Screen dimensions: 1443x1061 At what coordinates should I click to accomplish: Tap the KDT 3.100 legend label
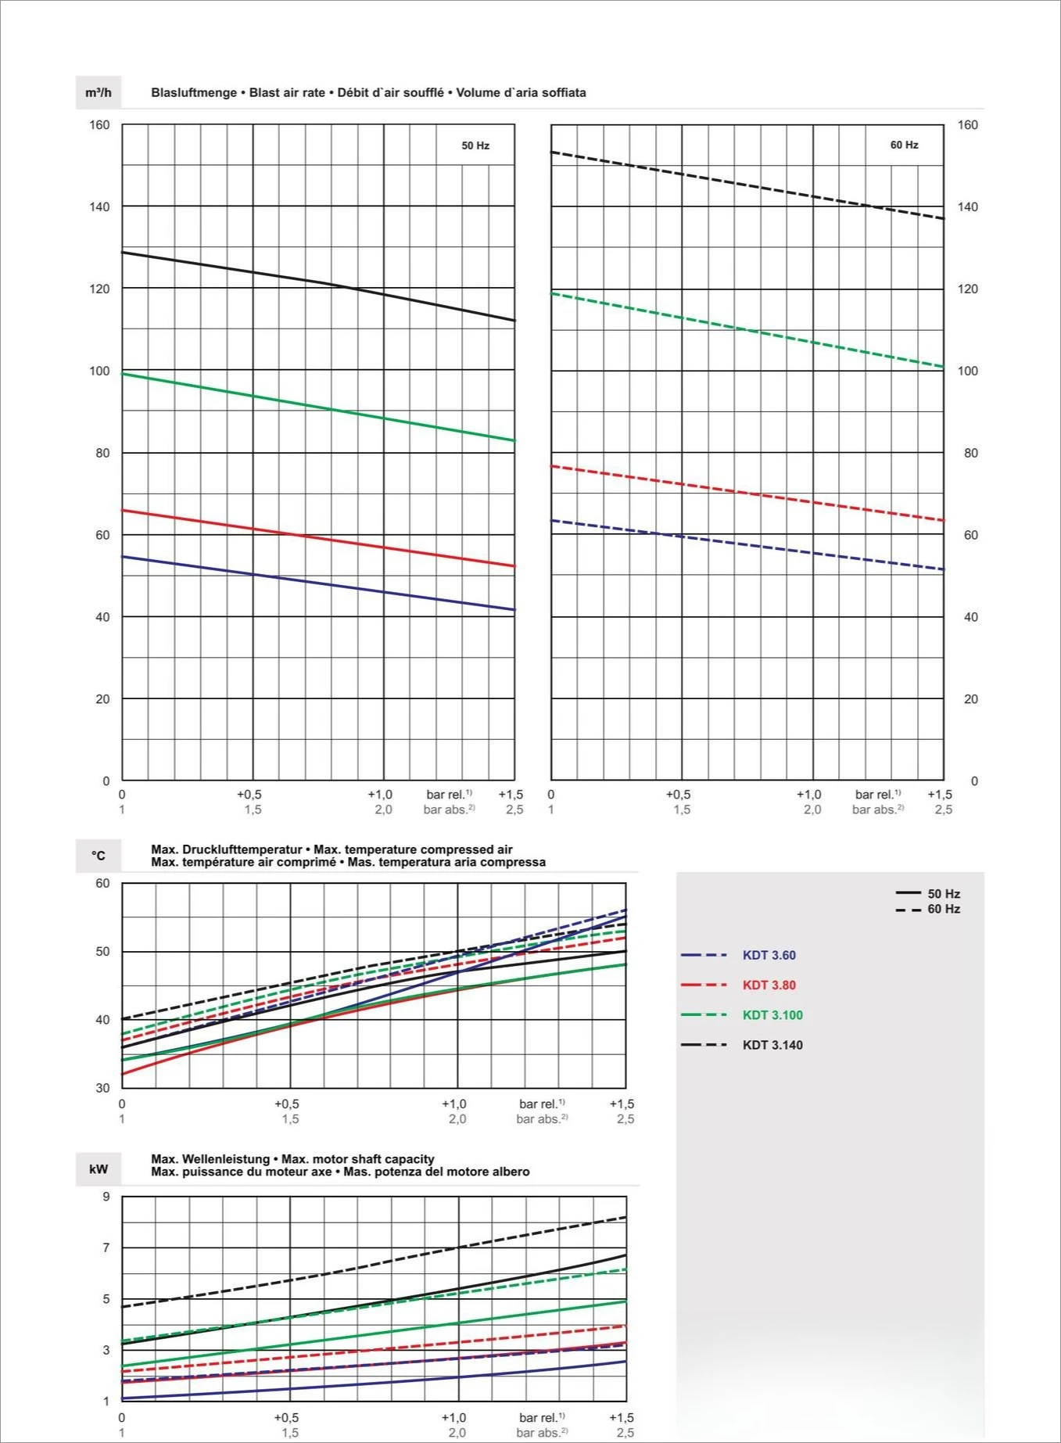coord(772,1015)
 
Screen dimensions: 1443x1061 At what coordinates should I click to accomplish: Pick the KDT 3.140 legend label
coord(772,1045)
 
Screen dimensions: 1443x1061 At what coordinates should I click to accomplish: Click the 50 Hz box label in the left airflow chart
coord(475,145)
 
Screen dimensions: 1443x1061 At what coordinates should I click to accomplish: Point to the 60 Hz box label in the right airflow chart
coord(904,145)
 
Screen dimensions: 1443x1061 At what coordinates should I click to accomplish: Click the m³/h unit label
coord(99,93)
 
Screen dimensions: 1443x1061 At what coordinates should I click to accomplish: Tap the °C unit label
coord(99,856)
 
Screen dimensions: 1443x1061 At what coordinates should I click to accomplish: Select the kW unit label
coord(99,1169)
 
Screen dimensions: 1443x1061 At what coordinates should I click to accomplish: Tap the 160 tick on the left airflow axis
coord(99,125)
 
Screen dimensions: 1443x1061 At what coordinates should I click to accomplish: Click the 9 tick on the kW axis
coord(106,1197)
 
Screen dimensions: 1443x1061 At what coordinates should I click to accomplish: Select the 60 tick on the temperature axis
coord(102,884)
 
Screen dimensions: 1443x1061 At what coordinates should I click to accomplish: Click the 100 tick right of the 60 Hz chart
coord(968,371)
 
